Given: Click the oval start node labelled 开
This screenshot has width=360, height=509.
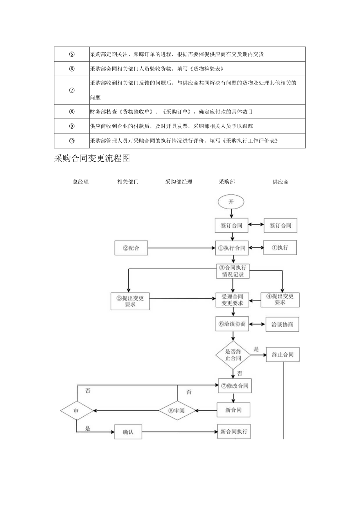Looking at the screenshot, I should pyautogui.click(x=231, y=202).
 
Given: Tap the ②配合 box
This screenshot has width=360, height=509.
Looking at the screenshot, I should pyautogui.click(x=131, y=248).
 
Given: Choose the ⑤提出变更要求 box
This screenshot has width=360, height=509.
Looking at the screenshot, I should pyautogui.click(x=130, y=301).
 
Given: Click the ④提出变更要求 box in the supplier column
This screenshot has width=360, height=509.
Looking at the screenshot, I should pyautogui.click(x=280, y=299).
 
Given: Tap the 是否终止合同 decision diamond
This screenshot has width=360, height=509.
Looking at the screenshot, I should pyautogui.click(x=233, y=354).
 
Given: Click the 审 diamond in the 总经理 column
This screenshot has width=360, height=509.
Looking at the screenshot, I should pyautogui.click(x=77, y=410).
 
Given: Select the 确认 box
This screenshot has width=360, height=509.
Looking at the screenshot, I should pyautogui.click(x=128, y=432).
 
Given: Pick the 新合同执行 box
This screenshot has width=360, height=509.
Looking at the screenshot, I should pyautogui.click(x=234, y=432).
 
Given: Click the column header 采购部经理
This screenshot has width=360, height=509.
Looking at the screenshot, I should pyautogui.click(x=179, y=182).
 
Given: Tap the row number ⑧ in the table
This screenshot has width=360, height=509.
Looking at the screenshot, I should pyautogui.click(x=72, y=112).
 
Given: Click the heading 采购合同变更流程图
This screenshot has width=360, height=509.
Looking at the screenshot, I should pyautogui.click(x=92, y=158).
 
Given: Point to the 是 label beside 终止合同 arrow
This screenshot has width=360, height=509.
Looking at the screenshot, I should pyautogui.click(x=256, y=349).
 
